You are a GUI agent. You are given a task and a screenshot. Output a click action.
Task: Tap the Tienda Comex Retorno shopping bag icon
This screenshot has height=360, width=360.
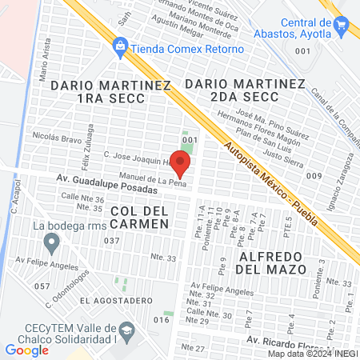pos(121,47)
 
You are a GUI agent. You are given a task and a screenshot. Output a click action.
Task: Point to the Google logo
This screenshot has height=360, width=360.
pos(26,350)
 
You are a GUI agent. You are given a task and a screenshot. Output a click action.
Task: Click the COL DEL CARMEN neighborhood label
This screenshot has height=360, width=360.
pos(140,217)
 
